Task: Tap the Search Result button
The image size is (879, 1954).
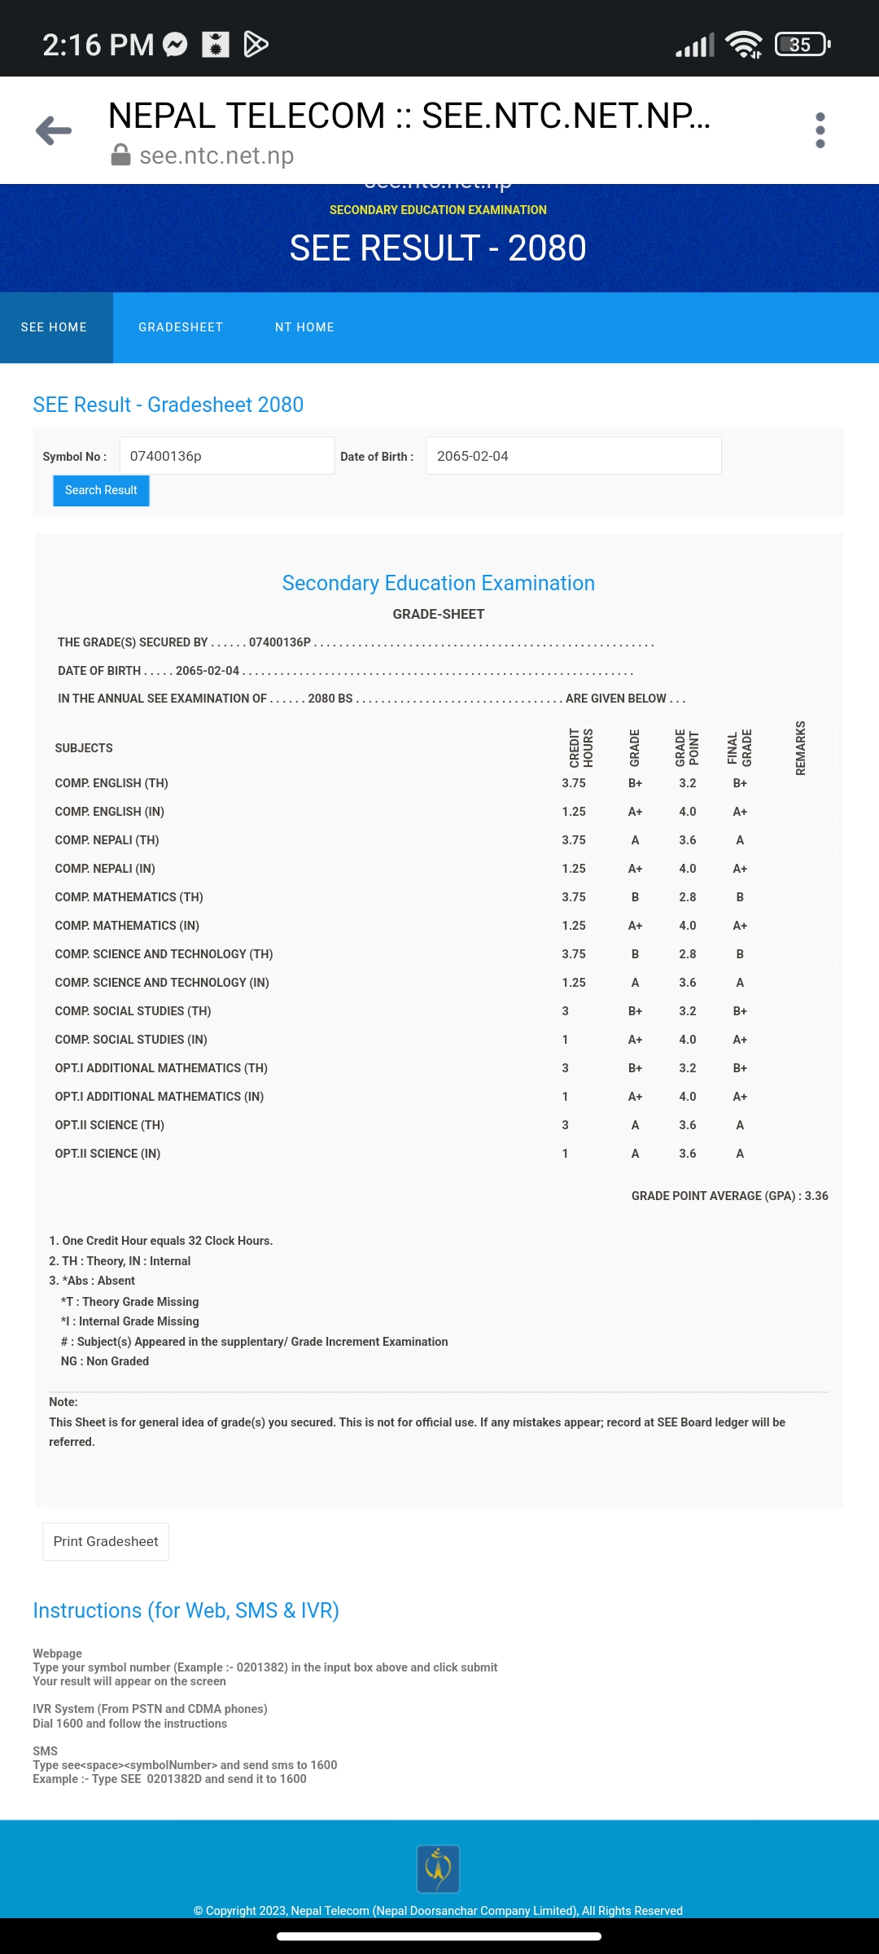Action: tap(101, 490)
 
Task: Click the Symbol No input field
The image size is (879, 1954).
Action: tap(226, 456)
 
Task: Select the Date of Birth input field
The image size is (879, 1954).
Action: tap(573, 456)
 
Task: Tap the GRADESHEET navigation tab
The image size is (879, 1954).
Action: tap(181, 327)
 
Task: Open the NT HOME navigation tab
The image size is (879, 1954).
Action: tap(304, 327)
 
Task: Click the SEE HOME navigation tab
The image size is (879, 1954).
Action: tap(55, 327)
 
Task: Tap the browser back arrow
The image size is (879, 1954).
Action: tap(54, 130)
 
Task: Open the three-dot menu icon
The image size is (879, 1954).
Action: tap(820, 130)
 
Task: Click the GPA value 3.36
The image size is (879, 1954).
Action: tap(816, 1196)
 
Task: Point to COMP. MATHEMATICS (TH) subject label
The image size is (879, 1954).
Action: tap(129, 897)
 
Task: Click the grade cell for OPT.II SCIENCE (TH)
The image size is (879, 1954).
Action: tap(635, 1125)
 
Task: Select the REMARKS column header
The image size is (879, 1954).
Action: tap(801, 747)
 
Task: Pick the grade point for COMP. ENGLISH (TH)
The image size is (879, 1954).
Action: tap(688, 783)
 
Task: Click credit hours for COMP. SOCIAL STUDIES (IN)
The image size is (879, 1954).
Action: tap(566, 1040)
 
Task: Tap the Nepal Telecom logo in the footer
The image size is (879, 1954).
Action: tap(438, 1869)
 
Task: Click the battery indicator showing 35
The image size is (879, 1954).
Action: tap(802, 44)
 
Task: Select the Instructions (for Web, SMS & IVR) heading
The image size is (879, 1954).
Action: tap(186, 1610)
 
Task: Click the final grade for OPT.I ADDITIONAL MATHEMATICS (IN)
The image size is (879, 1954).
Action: tap(740, 1097)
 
